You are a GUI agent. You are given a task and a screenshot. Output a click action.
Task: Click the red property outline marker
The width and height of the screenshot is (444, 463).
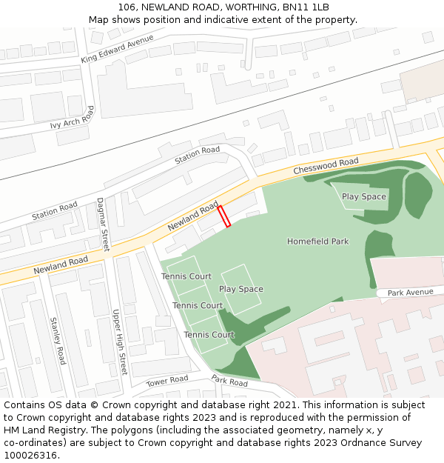[x=224, y=216]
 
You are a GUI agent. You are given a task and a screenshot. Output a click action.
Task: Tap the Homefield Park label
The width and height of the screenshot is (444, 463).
[x=317, y=242]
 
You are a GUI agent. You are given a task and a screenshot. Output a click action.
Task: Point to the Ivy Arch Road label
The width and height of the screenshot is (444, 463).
[x=73, y=117]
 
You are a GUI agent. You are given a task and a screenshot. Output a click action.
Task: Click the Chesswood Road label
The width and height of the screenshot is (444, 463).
[x=326, y=166]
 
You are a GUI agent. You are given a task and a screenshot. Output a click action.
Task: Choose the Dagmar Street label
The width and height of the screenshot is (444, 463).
[x=104, y=224]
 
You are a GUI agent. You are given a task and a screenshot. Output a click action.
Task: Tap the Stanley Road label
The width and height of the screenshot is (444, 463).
[x=58, y=341]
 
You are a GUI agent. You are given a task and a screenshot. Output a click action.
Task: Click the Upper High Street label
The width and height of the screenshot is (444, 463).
[x=119, y=342]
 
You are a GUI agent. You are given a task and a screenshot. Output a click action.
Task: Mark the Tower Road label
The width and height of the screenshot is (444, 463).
[x=166, y=381]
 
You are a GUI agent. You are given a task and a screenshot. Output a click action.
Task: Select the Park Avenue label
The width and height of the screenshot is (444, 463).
[x=410, y=293]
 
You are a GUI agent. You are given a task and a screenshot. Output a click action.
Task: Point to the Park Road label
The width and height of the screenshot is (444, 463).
[x=229, y=382]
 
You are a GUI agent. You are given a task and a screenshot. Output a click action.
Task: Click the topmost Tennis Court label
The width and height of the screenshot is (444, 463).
[x=186, y=276]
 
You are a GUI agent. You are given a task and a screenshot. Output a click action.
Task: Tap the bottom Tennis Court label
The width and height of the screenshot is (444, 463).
[x=209, y=335]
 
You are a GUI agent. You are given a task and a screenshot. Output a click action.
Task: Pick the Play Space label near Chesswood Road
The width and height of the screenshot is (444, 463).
[x=363, y=196]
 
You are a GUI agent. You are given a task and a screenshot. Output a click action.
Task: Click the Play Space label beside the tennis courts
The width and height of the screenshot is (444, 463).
[x=240, y=289]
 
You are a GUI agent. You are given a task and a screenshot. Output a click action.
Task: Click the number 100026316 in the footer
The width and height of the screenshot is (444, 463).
[x=29, y=455]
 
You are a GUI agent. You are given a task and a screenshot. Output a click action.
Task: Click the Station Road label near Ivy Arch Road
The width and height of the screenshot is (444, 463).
[x=54, y=211]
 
